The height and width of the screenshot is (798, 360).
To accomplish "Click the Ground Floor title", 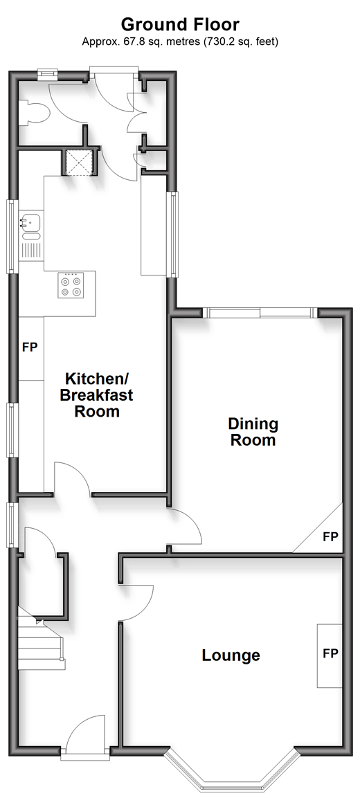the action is click(x=180, y=24).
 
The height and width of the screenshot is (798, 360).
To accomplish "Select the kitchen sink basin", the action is click(x=32, y=222).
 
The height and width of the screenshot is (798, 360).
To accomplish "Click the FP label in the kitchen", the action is click(x=30, y=347).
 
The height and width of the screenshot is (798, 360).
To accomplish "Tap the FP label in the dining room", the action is click(x=331, y=536).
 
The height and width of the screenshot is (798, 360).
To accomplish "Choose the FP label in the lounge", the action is click(x=330, y=653).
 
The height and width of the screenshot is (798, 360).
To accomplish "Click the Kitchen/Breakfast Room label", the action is click(x=97, y=395).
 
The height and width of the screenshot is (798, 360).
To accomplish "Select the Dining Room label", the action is click(x=253, y=432).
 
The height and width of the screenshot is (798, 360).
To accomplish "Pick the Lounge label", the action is click(x=231, y=655).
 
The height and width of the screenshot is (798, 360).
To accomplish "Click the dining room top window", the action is click(x=261, y=313).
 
